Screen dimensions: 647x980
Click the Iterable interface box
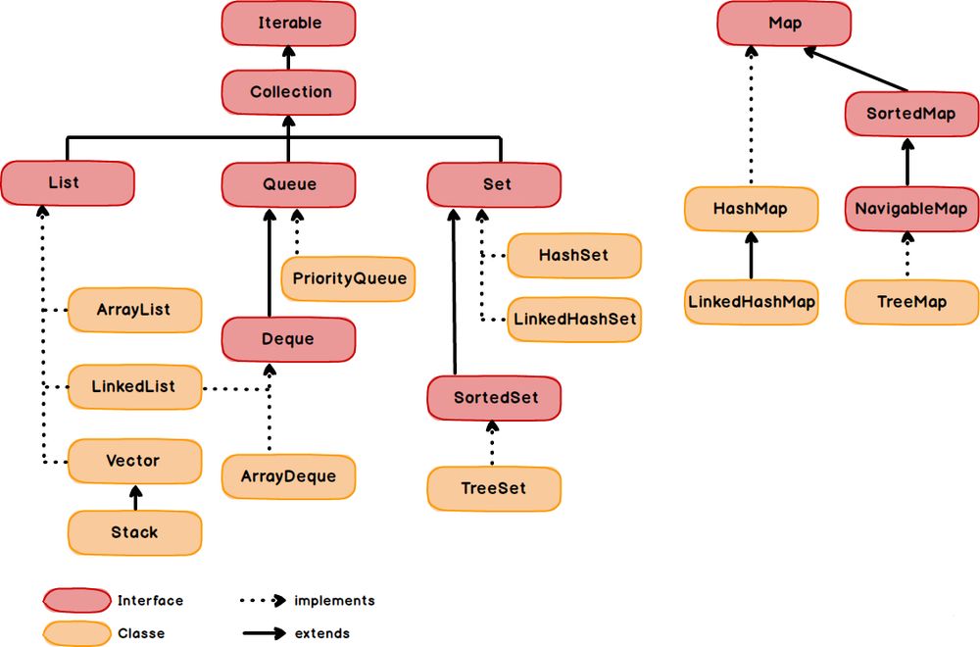pos(289,23)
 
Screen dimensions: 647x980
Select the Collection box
pos(289,92)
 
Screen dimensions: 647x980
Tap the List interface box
pos(67,183)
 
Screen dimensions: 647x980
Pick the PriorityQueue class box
pos(349,278)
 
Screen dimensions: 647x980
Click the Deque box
pos(288,339)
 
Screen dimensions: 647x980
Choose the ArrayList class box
pos(134,310)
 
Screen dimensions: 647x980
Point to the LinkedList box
pos(134,386)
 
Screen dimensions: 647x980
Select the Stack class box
pos(134,532)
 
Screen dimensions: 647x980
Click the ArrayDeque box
pos(288,476)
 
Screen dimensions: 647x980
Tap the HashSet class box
pos(573,255)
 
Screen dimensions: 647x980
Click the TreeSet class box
pos(494,487)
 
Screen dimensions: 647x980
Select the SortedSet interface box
pos(494,398)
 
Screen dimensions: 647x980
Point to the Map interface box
pos(784,23)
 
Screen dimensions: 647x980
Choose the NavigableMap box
pos(910,209)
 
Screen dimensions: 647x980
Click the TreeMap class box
pos(910,302)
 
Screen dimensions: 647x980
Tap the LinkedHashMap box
pos(752,302)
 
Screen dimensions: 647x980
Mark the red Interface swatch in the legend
pos(76,600)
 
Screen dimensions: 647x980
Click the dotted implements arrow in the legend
pos(263,600)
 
